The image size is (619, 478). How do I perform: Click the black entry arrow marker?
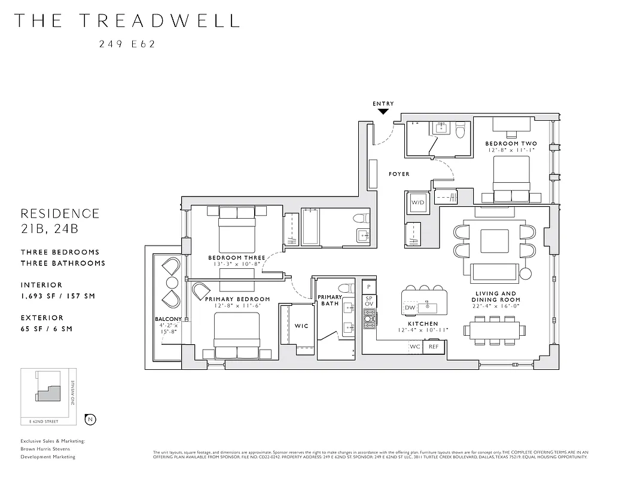coord(383,111)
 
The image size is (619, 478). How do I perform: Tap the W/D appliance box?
coord(417,203)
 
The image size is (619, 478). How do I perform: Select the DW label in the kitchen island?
coord(410,308)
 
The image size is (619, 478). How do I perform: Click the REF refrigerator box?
coord(434,347)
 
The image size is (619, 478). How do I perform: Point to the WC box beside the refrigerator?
coord(415,347)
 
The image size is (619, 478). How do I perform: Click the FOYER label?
coord(399,174)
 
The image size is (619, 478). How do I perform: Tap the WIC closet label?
coord(301,326)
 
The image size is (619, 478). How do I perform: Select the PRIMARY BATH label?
coord(330,300)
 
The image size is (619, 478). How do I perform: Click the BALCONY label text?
coord(167,319)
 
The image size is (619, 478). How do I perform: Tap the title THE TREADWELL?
coord(126,20)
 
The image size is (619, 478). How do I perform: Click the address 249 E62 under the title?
coord(127,44)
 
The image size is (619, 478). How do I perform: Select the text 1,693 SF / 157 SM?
coord(57,296)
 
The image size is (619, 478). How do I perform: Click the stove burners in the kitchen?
coord(370,323)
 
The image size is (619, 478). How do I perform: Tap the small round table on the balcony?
coord(172,282)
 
